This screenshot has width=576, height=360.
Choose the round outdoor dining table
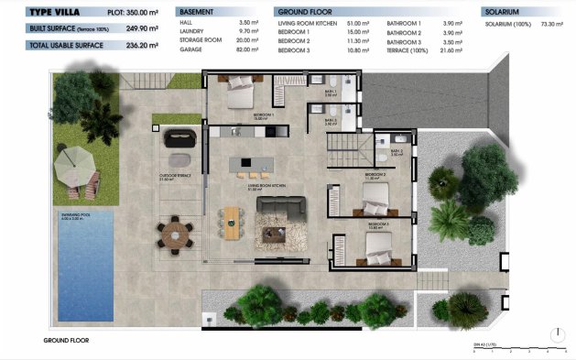[x=172, y=235]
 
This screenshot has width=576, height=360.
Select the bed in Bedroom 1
[x=241, y=94]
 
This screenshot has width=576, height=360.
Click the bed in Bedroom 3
[x=378, y=245]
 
